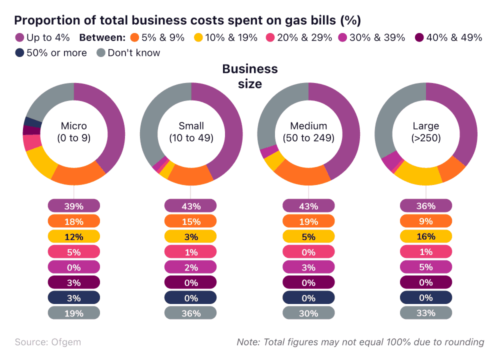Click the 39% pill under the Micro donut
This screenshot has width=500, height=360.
tap(74, 206)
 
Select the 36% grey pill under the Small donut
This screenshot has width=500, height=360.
tap(191, 313)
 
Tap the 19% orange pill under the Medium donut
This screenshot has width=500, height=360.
tap(308, 221)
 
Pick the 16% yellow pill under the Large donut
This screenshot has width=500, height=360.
tap(426, 236)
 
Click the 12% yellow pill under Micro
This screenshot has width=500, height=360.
tap(74, 236)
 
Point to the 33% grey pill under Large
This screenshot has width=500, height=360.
tap(426, 313)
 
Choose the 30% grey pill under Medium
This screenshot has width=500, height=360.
tap(308, 313)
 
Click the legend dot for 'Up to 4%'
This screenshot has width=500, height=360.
tap(20, 37)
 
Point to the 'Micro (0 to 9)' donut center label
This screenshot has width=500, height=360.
tap(74, 132)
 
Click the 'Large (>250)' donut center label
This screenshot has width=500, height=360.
tap(426, 132)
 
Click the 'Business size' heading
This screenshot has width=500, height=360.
tap(250, 76)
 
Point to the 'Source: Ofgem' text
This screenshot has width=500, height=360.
tap(47, 342)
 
